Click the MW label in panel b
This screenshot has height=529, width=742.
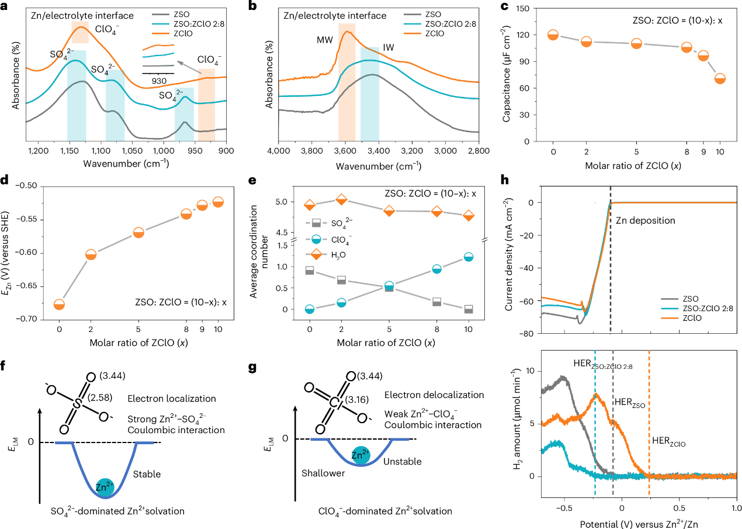click(x=325, y=40)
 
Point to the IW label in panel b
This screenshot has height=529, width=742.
click(x=388, y=47)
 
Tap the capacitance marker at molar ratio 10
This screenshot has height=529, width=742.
click(x=720, y=78)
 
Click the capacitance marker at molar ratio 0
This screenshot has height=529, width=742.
click(x=553, y=35)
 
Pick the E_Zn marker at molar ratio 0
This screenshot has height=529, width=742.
click(x=59, y=305)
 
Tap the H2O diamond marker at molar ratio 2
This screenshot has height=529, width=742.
click(x=341, y=200)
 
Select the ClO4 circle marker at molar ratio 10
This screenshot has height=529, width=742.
click(x=468, y=257)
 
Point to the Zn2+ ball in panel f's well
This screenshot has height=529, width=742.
click(x=105, y=487)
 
